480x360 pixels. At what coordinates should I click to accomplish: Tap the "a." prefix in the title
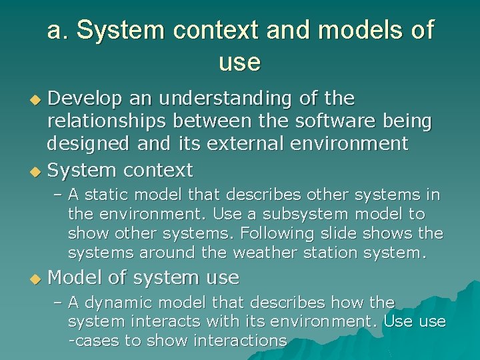(57, 30)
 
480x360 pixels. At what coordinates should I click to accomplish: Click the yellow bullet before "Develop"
(37, 100)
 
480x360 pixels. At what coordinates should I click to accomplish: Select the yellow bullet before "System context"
(37, 171)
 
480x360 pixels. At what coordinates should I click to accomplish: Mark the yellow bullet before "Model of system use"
(37, 278)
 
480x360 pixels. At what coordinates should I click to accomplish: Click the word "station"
(319, 253)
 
